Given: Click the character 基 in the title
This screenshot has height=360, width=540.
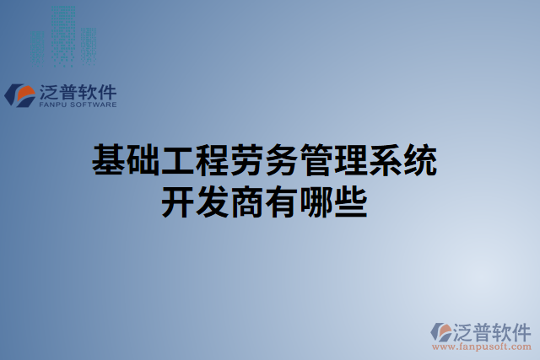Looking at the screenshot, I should click(x=107, y=160).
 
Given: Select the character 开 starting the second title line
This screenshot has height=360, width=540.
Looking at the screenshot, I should click(x=176, y=202).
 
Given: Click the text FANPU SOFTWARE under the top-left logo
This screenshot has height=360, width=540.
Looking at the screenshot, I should click(x=78, y=105).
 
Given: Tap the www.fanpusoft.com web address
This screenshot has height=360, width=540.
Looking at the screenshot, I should click(x=480, y=347).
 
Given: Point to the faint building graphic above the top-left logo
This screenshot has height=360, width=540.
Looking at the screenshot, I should click(x=62, y=38).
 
